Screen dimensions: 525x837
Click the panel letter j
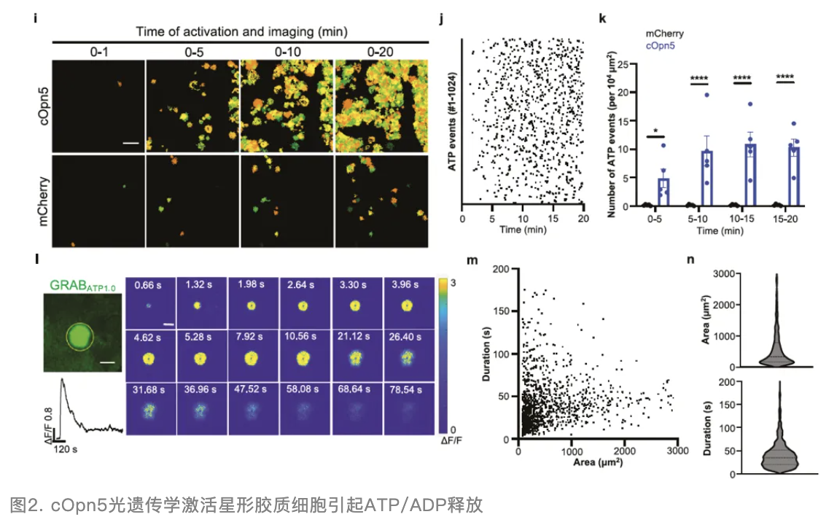(442, 16)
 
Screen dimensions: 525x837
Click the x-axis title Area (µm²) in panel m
(596, 462)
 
